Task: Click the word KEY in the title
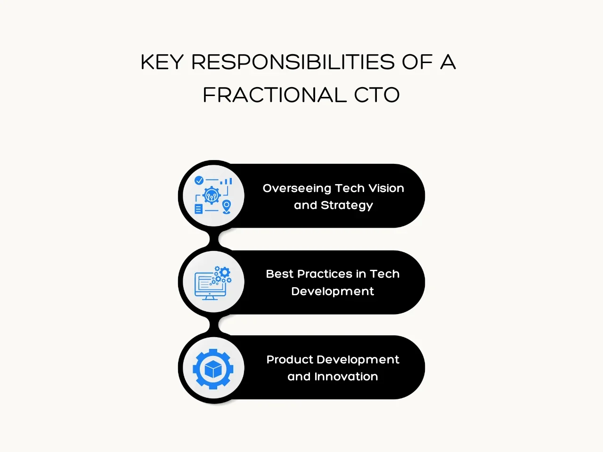pos(162,62)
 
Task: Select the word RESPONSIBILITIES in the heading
pos(293,62)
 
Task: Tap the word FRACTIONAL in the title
pos(275,95)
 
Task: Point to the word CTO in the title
pos(376,95)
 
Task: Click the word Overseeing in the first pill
pos(297,189)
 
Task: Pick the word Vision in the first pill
pos(386,188)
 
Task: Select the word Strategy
pos(347,206)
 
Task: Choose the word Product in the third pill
pos(290,360)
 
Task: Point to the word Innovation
pos(346,377)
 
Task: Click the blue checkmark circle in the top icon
pos(199,180)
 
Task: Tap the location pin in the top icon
pos(227,207)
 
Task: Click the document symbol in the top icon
pos(198,209)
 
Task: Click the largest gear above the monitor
pos(225,272)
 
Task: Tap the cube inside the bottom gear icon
pos(213,369)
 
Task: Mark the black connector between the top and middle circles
pos(214,239)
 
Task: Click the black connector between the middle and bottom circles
pos(214,324)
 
